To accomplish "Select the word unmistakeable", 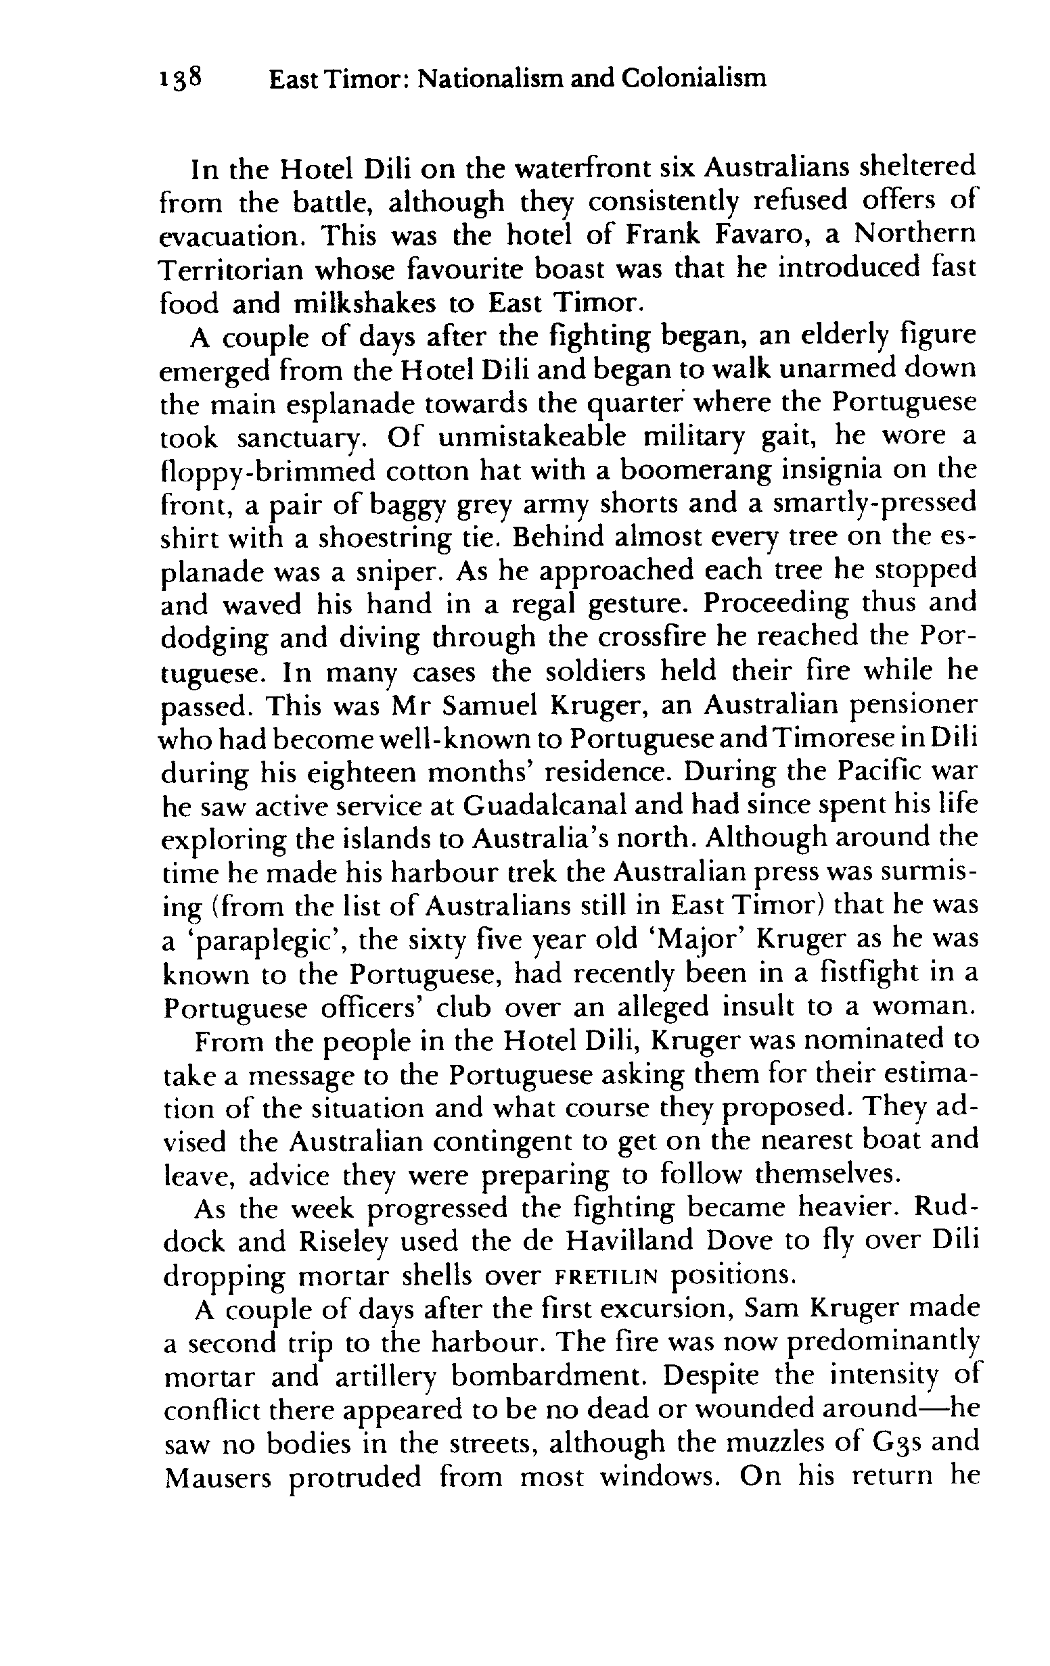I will coord(532,437).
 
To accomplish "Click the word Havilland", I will coord(629,1242).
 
